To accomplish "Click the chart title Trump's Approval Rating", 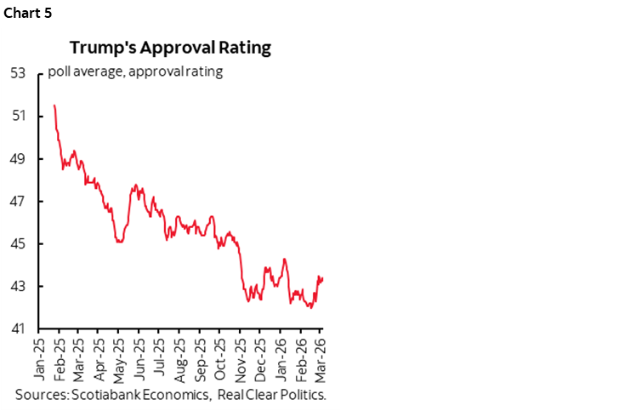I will click(x=170, y=48).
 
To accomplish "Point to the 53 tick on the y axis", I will click(x=18, y=74).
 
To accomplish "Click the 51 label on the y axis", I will click(x=18, y=117).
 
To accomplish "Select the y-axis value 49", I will click(x=18, y=159).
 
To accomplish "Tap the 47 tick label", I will click(x=18, y=202).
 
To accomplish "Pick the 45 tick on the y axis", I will click(x=18, y=244).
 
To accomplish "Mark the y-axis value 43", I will click(x=18, y=287).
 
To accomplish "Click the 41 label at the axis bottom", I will click(x=18, y=329).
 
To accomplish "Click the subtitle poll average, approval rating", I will click(x=136, y=71).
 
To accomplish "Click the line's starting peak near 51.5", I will click(x=54, y=105).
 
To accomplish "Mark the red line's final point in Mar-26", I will click(x=323, y=278).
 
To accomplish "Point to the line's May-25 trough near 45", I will click(x=120, y=243).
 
